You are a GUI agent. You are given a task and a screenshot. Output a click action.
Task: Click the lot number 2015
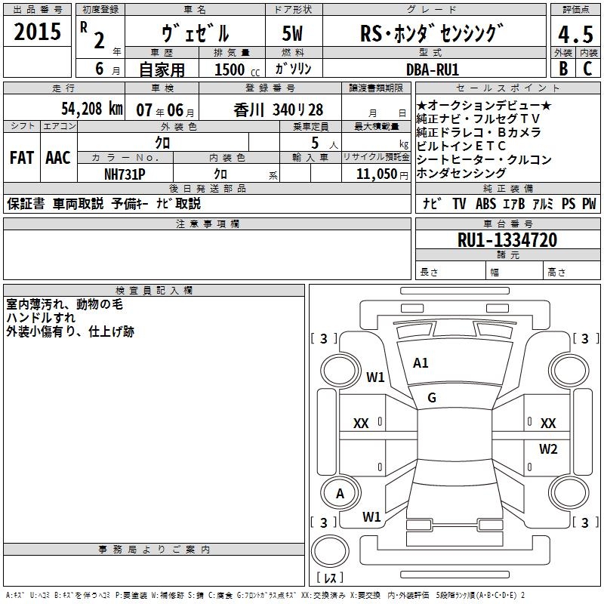point(38,32)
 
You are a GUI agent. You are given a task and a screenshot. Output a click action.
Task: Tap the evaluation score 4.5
point(573,35)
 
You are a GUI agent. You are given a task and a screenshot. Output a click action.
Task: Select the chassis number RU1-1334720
point(507,240)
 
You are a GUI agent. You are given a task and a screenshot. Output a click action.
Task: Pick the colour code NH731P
point(125,173)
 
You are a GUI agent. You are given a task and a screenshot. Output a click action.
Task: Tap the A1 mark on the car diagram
point(421,363)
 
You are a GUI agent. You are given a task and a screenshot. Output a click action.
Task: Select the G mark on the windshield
point(432,398)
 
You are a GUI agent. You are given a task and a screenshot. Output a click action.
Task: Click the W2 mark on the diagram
point(547,449)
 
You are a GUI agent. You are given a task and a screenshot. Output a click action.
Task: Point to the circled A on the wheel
point(340,494)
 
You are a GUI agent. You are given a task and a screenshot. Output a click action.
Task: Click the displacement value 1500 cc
point(234,69)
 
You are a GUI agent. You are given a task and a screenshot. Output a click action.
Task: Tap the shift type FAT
point(21,158)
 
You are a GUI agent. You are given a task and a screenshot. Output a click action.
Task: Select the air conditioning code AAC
point(57,158)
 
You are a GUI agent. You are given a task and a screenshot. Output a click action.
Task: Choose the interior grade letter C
point(587,69)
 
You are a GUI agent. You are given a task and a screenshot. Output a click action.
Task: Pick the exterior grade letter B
point(562,69)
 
